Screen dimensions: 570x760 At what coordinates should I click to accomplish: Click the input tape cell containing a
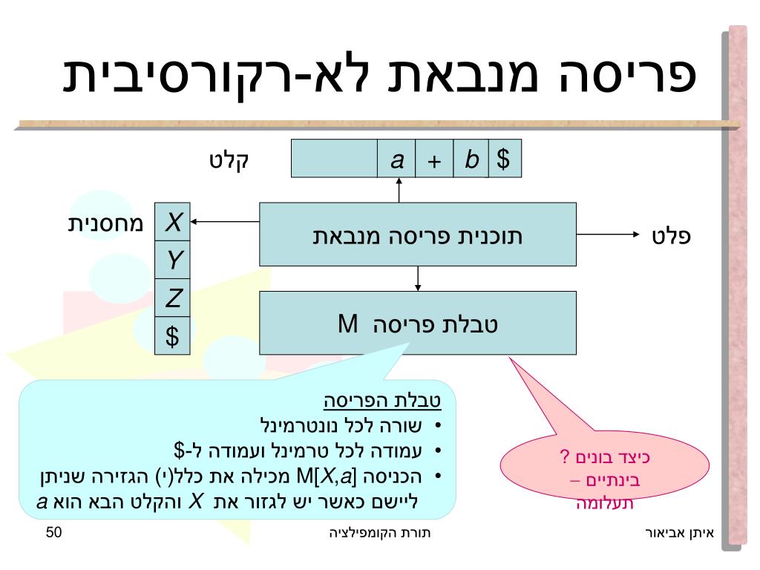[397, 158]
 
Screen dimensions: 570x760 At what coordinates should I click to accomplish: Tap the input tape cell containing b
[471, 158]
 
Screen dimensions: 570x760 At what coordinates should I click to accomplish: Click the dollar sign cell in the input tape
[505, 158]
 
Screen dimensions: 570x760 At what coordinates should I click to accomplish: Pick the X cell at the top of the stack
[172, 221]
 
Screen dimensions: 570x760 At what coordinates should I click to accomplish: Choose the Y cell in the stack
[172, 260]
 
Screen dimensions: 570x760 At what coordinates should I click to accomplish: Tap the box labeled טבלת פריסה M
[417, 323]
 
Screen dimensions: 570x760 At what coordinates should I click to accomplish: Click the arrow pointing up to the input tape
[399, 190]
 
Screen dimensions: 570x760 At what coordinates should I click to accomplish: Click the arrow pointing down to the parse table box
[418, 278]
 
